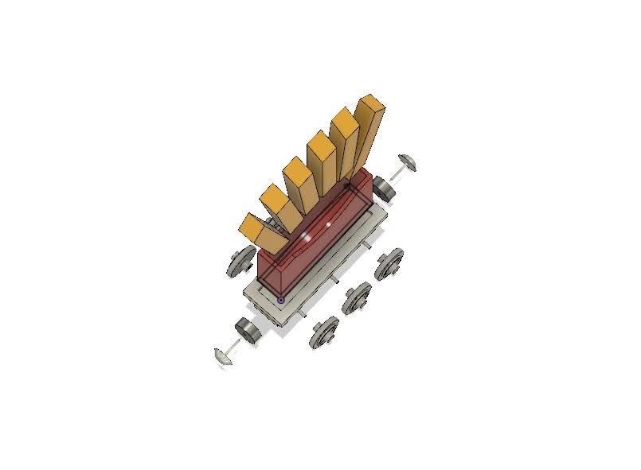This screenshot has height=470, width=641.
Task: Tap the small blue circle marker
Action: tap(281, 300)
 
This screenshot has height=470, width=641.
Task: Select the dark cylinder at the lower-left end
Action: tap(248, 330)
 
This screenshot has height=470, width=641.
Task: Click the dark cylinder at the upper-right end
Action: tap(384, 189)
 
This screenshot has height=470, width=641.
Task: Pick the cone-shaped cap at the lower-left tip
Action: tap(222, 355)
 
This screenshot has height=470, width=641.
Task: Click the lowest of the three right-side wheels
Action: tap(324, 331)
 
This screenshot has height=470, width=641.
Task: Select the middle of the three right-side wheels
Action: tap(356, 297)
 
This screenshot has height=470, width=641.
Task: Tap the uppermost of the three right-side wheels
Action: tap(389, 264)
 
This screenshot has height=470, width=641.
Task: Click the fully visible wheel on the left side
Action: tap(240, 261)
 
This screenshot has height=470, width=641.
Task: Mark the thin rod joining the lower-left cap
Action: tap(235, 344)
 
